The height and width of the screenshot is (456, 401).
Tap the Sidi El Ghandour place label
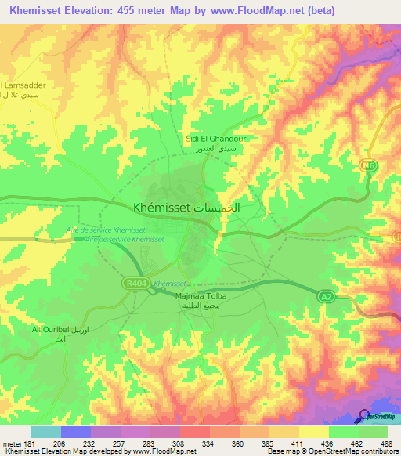click(x=215, y=139)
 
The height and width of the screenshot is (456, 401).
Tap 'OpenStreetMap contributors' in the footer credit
click(x=356, y=452)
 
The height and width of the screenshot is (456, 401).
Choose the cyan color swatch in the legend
click(x=45, y=432)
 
